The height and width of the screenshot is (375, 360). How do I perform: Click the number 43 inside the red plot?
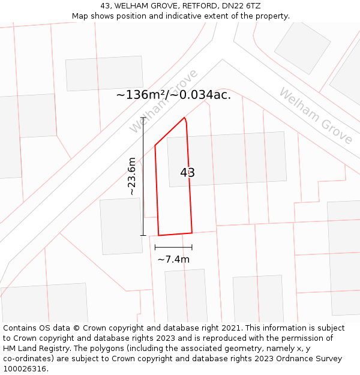coord(187,173)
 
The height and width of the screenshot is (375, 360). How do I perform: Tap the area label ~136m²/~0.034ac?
coord(173,95)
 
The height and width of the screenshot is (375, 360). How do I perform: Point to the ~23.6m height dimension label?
coord(131,176)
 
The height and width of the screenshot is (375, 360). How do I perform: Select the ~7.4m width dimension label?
coord(173,259)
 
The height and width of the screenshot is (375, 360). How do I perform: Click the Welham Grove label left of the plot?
coord(163,101)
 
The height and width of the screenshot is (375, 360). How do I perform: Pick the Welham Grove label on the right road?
coord(316,116)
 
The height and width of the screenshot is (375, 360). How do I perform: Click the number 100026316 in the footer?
coord(25,369)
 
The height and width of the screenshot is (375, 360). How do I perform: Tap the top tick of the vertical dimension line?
coord(143,117)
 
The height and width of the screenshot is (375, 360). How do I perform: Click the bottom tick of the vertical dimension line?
coord(143,235)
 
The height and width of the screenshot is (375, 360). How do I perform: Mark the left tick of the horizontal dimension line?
coord(155,247)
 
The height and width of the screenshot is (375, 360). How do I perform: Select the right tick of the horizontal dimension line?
coord(192,247)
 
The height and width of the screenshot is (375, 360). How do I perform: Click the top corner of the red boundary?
coord(184,118)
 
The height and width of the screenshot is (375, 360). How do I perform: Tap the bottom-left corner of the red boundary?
coord(158,235)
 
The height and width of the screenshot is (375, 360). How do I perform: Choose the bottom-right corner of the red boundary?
coord(192,233)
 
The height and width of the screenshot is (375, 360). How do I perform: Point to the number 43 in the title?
coord(105,5)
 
